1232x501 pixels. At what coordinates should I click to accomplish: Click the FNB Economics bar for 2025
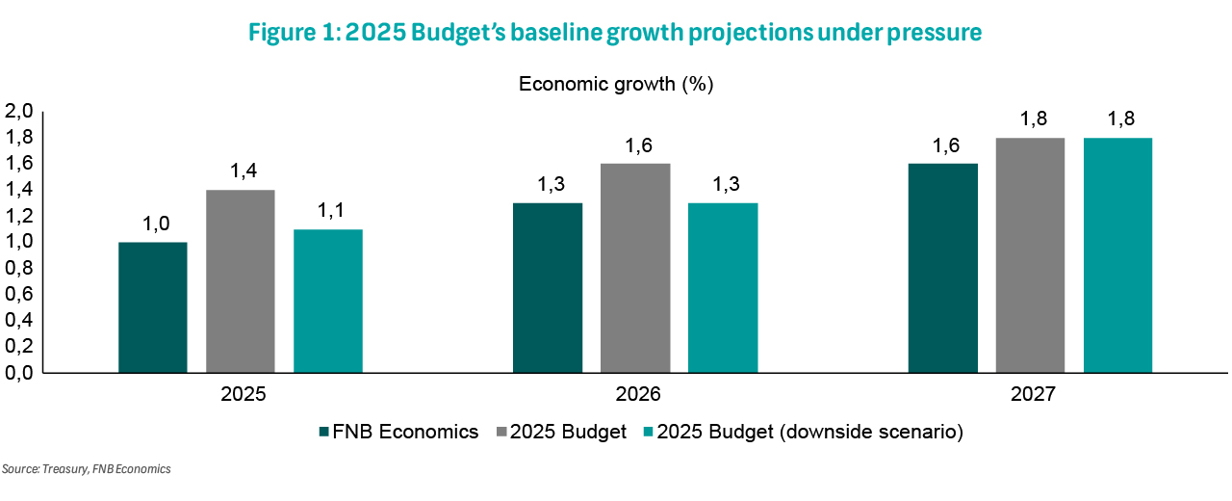(x=153, y=306)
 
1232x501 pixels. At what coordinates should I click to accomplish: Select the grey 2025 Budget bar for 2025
(x=241, y=280)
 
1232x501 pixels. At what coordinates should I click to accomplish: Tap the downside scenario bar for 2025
(x=328, y=300)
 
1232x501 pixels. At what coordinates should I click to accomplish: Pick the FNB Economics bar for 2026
(x=548, y=287)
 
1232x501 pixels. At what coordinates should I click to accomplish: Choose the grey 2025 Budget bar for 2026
(x=635, y=267)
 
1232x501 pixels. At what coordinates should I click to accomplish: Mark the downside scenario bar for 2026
(x=723, y=287)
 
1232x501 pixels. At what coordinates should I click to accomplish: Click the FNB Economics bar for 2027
(x=943, y=267)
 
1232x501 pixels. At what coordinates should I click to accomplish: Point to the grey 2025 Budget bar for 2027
(x=1030, y=254)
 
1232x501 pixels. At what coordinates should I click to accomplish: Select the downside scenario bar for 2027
(x=1117, y=254)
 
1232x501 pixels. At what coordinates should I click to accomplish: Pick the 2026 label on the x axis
(x=635, y=395)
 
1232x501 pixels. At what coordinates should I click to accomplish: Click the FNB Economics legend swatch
(x=323, y=433)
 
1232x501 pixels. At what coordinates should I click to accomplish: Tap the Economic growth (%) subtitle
(x=616, y=84)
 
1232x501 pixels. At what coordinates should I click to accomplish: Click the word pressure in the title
(x=930, y=32)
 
